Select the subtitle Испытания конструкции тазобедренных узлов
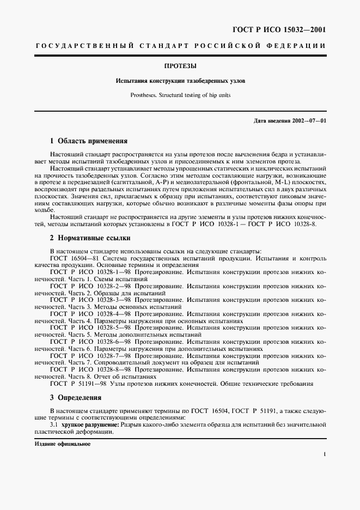[180, 81]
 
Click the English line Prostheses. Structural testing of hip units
[180, 95]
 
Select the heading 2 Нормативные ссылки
[90, 238]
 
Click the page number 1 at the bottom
[324, 453]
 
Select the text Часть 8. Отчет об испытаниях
[103, 377]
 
